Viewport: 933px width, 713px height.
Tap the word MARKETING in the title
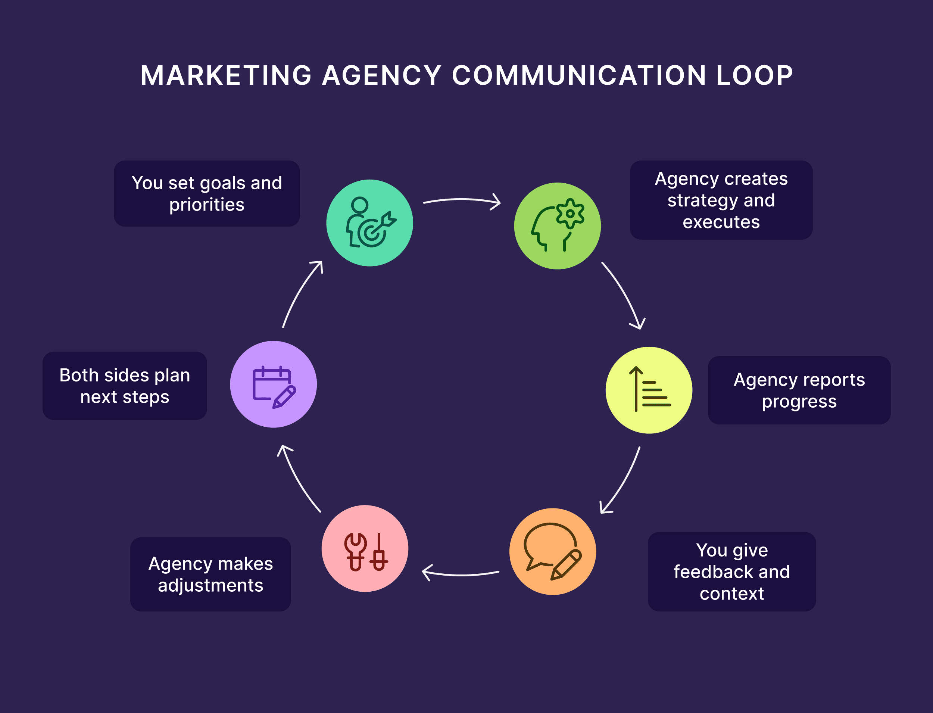click(226, 75)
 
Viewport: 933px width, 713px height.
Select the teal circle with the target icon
click(369, 223)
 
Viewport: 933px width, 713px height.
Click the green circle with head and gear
click(557, 226)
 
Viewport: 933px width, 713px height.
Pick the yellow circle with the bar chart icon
click(649, 390)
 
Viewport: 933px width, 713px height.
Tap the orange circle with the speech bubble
click(552, 551)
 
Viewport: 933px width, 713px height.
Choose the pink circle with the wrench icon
click(365, 548)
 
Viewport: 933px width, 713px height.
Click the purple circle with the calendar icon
click(273, 384)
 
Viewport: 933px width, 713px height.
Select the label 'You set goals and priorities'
click(207, 193)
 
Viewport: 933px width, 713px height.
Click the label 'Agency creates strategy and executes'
click(721, 200)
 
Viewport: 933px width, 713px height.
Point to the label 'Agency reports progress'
click(799, 390)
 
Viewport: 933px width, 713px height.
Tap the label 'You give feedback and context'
click(731, 571)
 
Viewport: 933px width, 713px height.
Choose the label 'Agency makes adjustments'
click(210, 574)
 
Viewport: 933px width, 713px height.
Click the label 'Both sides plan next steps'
click(125, 386)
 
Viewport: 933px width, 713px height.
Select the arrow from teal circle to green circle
click(462, 199)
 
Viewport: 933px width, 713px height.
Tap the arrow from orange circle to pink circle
click(461, 574)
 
